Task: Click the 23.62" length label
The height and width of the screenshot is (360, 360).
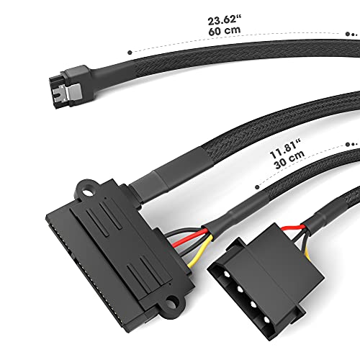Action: point(225,19)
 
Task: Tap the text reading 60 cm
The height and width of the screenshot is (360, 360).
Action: point(225,31)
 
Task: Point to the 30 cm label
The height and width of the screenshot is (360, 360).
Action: point(289,159)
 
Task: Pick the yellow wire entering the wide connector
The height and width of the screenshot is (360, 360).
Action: point(200,251)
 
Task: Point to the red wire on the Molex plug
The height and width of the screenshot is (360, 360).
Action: point(293,228)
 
